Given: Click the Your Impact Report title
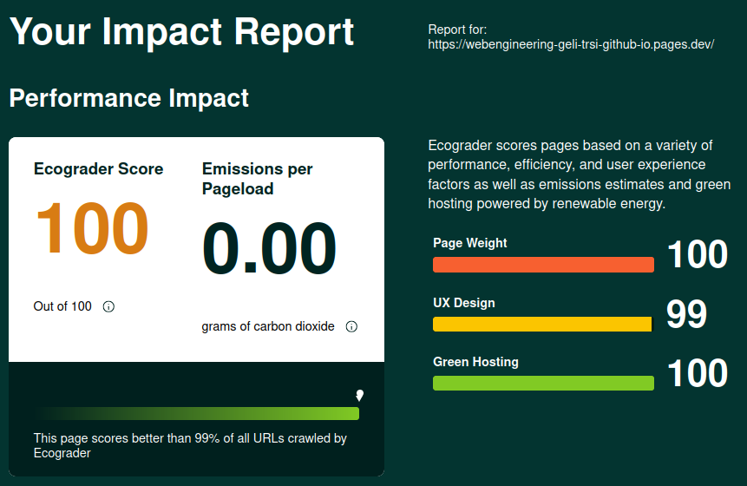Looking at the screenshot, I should point(181,32).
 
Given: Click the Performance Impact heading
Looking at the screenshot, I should point(128,98).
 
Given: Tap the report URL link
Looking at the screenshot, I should point(571,44).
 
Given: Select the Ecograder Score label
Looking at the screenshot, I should point(98,169).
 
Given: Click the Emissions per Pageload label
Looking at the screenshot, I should point(257,179).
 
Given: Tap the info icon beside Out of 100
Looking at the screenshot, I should point(108,306).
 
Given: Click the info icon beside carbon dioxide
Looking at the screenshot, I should point(351,327).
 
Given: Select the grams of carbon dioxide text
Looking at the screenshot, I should point(268,327).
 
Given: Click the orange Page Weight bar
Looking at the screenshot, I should point(543,265).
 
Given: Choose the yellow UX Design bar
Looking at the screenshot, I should point(542,324).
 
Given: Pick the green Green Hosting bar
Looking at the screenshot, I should point(543,383).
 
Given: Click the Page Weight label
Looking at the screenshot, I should point(470,243).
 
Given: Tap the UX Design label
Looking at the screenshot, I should point(464,303).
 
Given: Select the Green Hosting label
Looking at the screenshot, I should point(475,362).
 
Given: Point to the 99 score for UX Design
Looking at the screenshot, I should point(686,315).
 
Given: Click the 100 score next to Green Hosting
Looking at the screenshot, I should point(697,374).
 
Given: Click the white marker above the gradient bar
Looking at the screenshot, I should point(359,396).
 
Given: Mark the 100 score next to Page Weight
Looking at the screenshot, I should point(697,255).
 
